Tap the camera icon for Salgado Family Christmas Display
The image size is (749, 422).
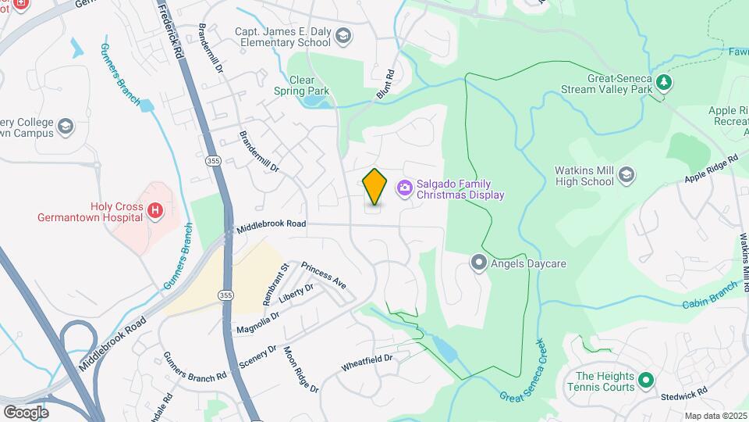point(404,188)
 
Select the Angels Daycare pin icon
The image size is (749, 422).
point(479,263)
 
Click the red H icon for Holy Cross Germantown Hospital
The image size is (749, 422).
point(155,210)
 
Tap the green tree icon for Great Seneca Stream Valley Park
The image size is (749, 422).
point(663,81)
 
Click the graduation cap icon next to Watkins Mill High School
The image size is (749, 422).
point(626,176)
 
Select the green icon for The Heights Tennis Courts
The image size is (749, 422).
point(645,381)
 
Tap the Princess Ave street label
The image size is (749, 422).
point(324,275)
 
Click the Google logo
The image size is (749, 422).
point(26,412)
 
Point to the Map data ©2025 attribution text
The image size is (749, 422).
point(715,416)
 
